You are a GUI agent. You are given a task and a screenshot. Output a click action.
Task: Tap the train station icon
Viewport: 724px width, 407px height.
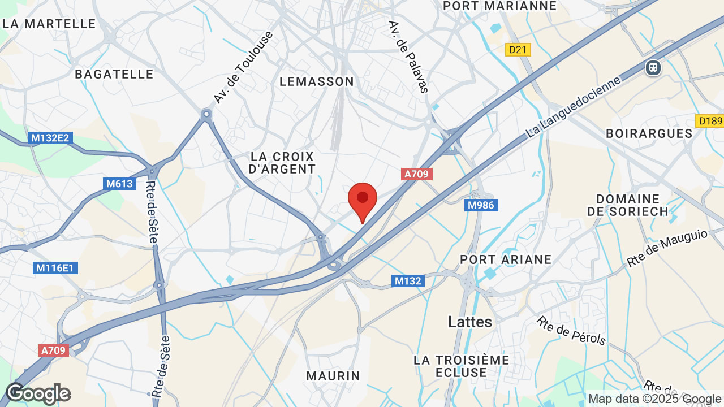pyautogui.click(x=653, y=68)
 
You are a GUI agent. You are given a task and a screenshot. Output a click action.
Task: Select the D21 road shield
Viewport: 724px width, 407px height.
pyautogui.click(x=518, y=50)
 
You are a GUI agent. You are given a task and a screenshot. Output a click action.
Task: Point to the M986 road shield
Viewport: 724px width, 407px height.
pyautogui.click(x=482, y=205)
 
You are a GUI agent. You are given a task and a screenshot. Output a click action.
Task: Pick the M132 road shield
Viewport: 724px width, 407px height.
pyautogui.click(x=408, y=280)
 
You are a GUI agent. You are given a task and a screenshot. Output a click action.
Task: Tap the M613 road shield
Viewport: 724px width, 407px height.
pyautogui.click(x=119, y=184)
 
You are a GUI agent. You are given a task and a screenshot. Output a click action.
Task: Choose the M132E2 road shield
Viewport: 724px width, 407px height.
pyautogui.click(x=50, y=138)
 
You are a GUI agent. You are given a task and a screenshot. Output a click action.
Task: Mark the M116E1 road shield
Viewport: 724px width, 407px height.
pyautogui.click(x=55, y=268)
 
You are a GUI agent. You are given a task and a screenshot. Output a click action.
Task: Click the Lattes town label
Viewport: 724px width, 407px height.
pyautogui.click(x=470, y=322)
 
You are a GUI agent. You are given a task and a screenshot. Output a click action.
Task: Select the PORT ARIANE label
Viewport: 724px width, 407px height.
pyautogui.click(x=506, y=259)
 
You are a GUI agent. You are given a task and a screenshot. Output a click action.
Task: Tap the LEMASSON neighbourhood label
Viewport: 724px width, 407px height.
pyautogui.click(x=317, y=81)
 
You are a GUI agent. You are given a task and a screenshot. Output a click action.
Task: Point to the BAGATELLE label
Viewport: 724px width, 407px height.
pyautogui.click(x=114, y=74)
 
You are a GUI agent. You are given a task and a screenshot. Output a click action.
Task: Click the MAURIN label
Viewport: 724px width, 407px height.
pyautogui.click(x=333, y=375)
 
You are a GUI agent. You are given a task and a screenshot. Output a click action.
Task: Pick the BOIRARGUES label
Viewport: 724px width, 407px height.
pyautogui.click(x=649, y=133)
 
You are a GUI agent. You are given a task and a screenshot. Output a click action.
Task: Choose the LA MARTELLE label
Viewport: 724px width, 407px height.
pyautogui.click(x=49, y=24)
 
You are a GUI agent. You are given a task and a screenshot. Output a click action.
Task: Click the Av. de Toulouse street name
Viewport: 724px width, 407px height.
pyautogui.click(x=243, y=67)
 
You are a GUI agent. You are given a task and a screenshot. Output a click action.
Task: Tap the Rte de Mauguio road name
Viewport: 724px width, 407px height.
pyautogui.click(x=667, y=248)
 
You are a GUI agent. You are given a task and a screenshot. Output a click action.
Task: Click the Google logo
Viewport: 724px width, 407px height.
pyautogui.click(x=38, y=393)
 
